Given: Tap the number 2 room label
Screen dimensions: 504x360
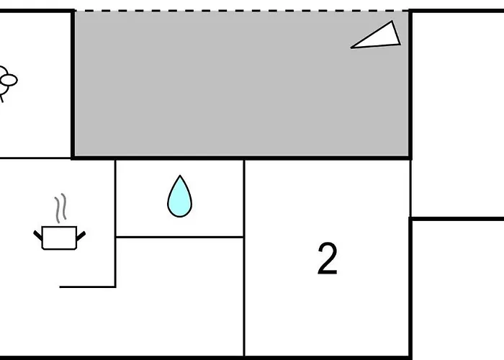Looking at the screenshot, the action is point(328,258).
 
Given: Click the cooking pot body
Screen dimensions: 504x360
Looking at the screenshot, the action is point(60,238).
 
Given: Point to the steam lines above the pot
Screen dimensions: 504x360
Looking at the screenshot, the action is point(60,208).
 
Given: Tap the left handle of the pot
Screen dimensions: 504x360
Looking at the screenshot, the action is point(38,235).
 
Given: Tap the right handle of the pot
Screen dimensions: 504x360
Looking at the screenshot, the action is point(81,236).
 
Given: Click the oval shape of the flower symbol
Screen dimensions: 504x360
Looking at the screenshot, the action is point(9,80).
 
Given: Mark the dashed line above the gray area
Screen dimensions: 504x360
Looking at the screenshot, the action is point(242,11).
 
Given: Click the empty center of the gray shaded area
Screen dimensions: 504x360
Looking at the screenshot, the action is point(242,84).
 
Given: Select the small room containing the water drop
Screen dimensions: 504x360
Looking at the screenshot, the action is point(180,198).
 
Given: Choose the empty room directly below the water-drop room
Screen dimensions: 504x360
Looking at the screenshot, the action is point(180,297).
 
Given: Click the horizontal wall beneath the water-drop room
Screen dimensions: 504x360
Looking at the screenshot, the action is point(180,237).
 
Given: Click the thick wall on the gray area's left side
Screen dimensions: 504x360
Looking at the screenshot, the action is point(73,84).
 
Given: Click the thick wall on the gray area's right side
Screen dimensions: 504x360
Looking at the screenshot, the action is point(410,84).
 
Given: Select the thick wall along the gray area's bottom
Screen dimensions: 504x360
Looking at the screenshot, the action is point(242,158).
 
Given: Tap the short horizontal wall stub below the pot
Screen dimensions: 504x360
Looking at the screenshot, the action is point(87,287).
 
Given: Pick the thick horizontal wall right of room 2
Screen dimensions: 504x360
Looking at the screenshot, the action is point(457,219).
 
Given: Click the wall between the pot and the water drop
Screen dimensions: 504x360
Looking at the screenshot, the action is point(115,223).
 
